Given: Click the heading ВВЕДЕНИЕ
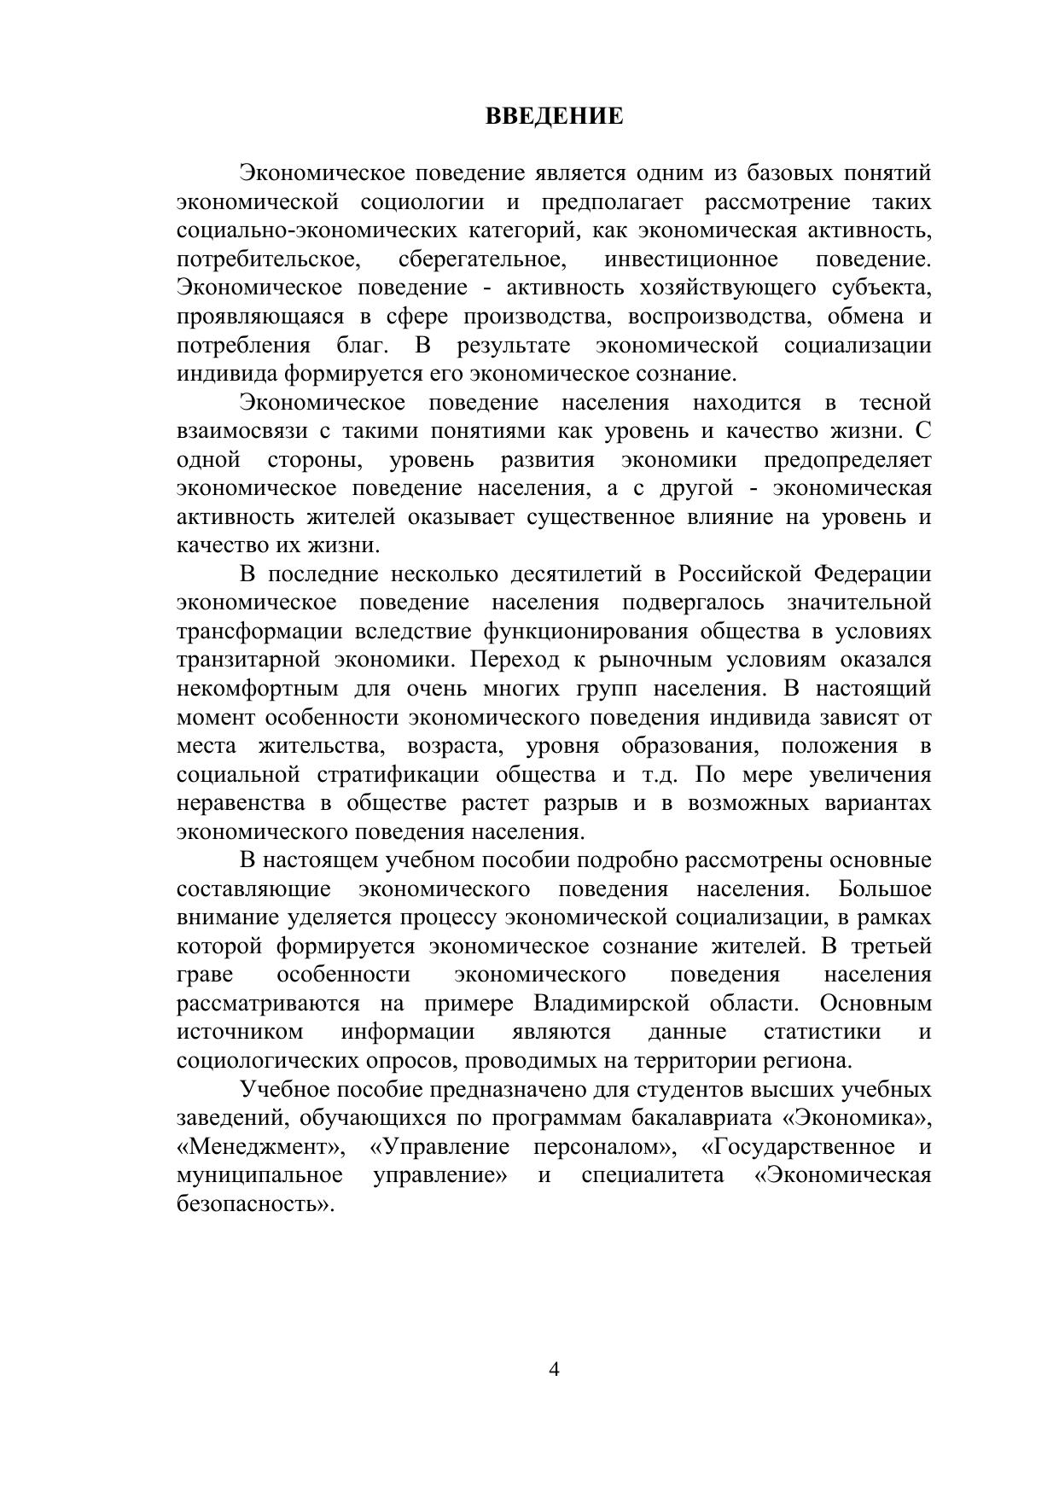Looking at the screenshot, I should pos(555,116).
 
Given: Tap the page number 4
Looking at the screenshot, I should pos(554,1370).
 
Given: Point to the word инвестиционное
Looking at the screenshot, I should pos(690,259).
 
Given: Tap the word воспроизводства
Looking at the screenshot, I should pos(720,317).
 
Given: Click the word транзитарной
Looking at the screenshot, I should pos(248,660).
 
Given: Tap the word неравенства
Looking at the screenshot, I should pos(241,804).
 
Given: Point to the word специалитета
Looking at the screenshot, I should pos(653,1175).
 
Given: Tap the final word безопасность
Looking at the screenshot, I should pos(253,1204).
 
